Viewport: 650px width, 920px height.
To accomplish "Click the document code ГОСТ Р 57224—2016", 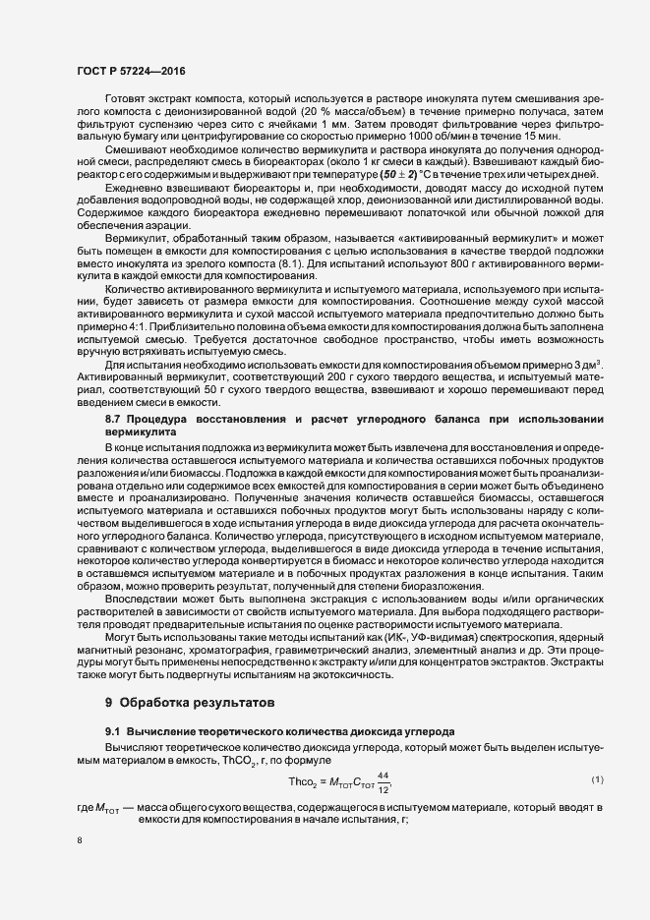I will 130,72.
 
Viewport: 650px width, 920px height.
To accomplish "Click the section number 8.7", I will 117,420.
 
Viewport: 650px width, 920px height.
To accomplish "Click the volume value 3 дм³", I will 586,366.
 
